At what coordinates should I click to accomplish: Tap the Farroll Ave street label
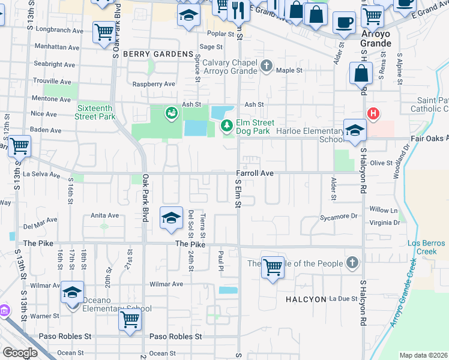click(x=255, y=173)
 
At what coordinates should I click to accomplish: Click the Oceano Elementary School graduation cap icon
click(x=73, y=293)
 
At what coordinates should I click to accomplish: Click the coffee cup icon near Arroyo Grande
click(x=344, y=23)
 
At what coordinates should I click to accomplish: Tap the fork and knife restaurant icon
click(x=239, y=9)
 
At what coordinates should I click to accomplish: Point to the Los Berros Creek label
click(x=426, y=247)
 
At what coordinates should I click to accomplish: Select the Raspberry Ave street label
click(x=154, y=84)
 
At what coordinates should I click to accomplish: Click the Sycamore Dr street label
click(x=338, y=217)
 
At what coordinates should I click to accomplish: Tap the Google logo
click(x=20, y=352)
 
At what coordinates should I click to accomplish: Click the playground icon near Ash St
click(x=172, y=112)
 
